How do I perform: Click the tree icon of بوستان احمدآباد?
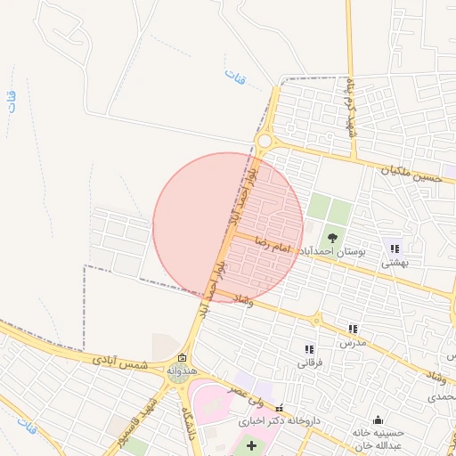[x=333, y=238]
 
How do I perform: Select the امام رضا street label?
[x=273, y=241]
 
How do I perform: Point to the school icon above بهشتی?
[x=394, y=248]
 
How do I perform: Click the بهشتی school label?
[x=394, y=263]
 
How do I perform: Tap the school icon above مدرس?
[x=354, y=329]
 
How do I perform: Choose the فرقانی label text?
[x=309, y=363]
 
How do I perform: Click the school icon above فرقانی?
[x=309, y=349]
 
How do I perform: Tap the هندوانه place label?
[x=181, y=370]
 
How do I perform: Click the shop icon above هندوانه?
[x=182, y=356]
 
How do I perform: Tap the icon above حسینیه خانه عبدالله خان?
[x=379, y=419]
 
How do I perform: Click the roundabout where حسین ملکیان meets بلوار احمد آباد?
[x=264, y=140]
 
